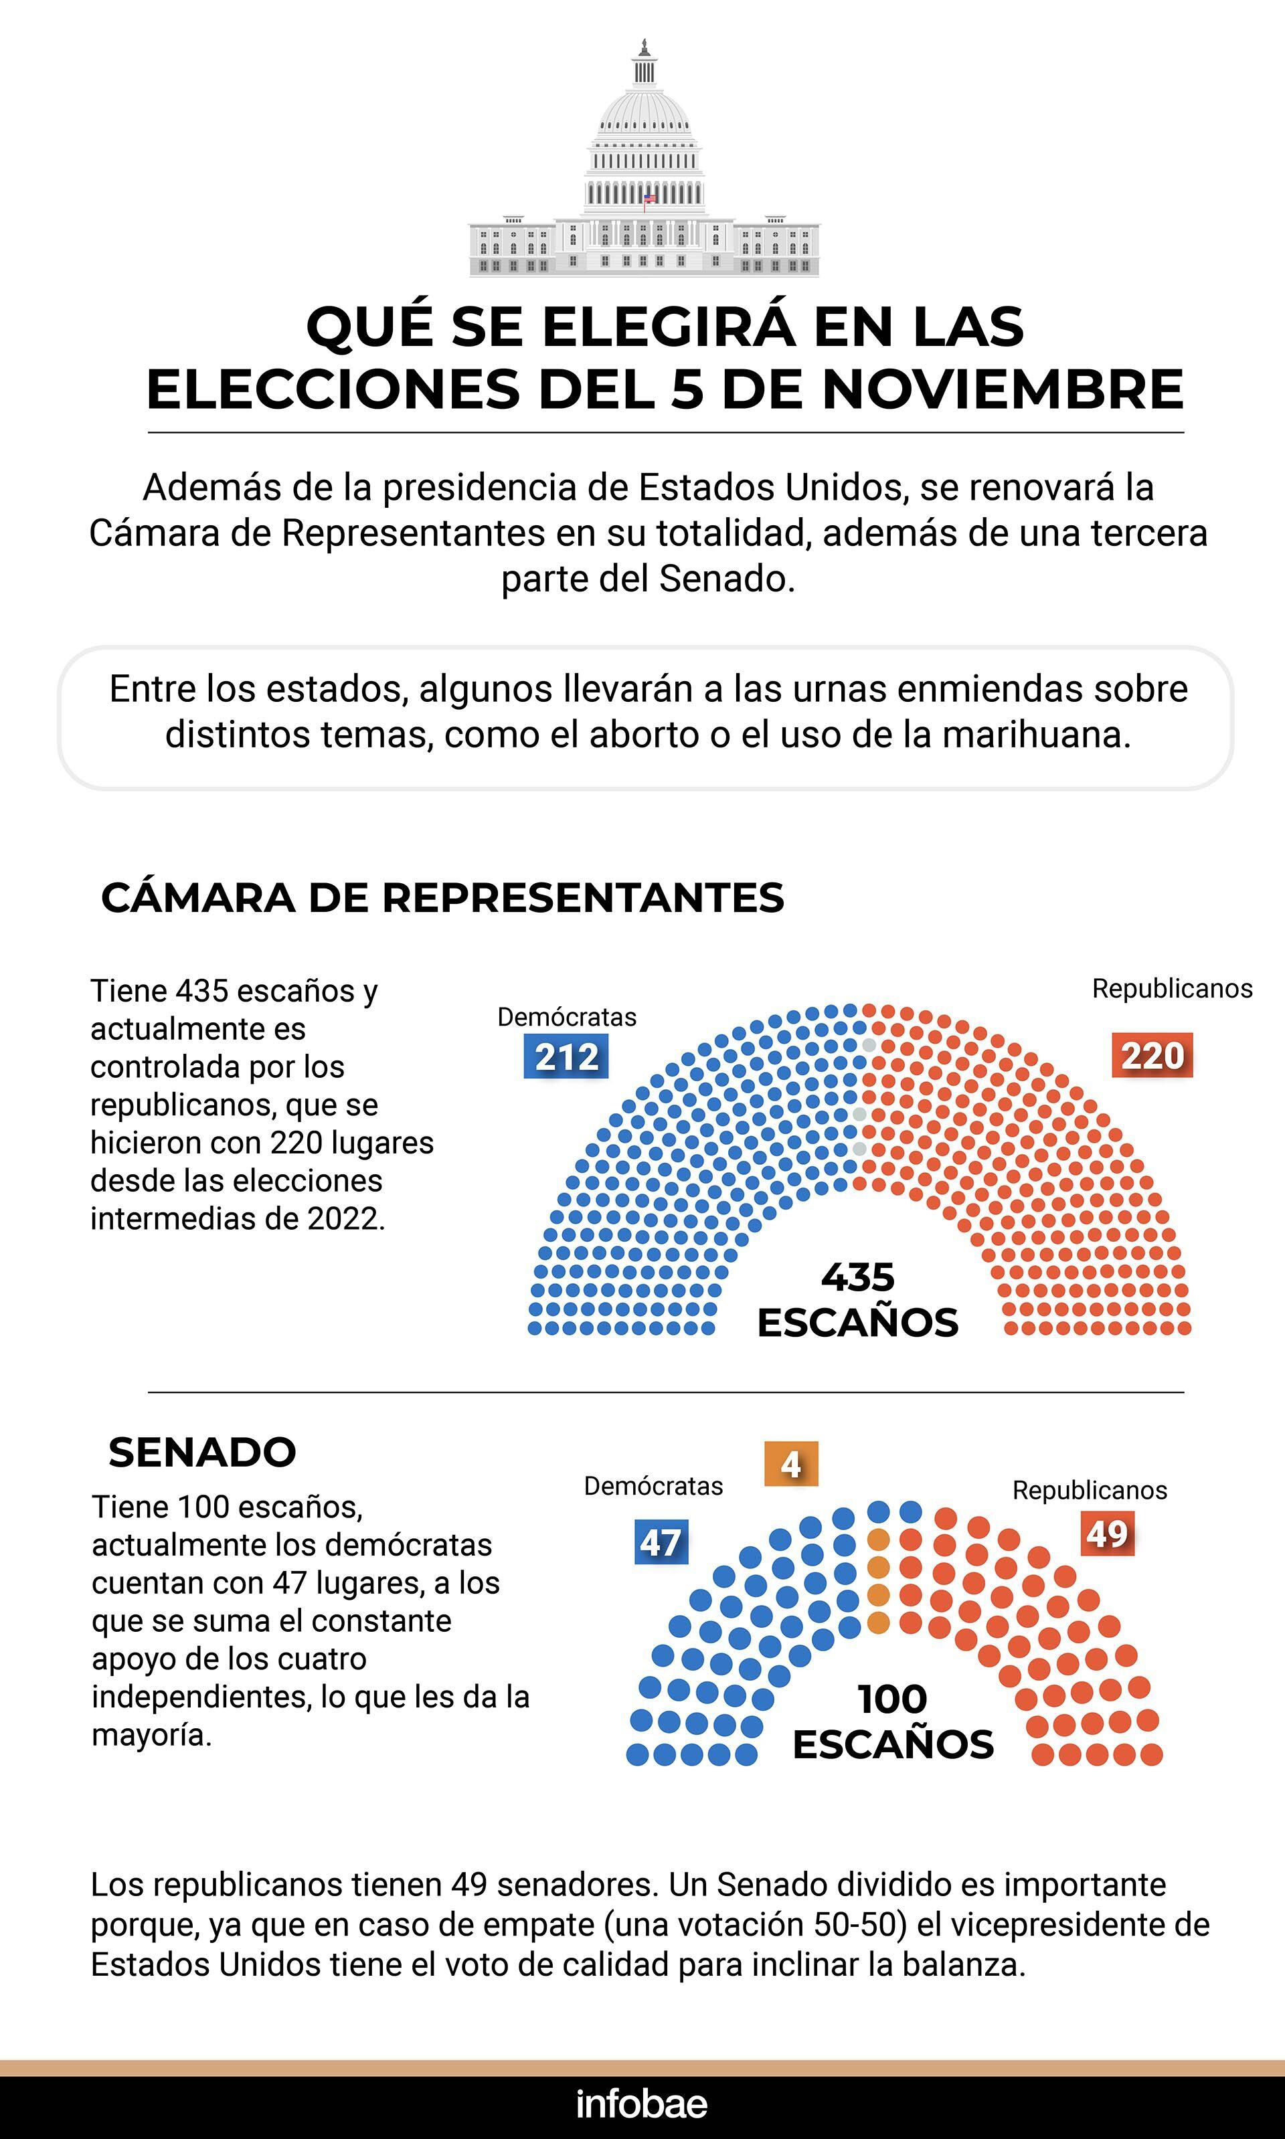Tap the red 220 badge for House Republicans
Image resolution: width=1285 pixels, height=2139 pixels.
(1152, 1055)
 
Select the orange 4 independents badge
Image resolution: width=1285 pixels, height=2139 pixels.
(790, 1464)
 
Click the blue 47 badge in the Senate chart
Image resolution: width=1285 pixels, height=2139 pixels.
(661, 1542)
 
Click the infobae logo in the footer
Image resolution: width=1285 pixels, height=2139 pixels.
(642, 2104)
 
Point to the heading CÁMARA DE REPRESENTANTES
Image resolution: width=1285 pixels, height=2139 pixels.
(442, 898)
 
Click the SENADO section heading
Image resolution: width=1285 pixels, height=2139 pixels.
(201, 1453)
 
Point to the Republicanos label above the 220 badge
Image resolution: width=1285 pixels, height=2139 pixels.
(1172, 989)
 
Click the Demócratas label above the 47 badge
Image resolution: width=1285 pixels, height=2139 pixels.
(653, 1486)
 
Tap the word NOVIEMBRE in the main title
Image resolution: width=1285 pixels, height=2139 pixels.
(1002, 389)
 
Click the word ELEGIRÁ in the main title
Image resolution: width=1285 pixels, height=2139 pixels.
(668, 327)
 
